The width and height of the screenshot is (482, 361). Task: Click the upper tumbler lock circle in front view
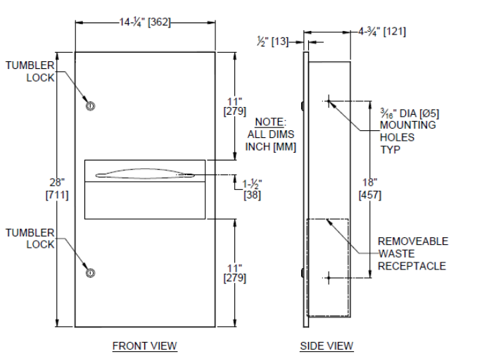pos(90,106)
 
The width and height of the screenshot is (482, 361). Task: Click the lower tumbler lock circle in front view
pos(90,273)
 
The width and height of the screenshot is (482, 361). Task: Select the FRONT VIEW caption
pos(144,346)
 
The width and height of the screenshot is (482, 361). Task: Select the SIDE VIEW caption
pos(326,346)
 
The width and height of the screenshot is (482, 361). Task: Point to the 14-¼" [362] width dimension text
pos(145,23)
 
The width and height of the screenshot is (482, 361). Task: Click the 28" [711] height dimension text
pos(57,189)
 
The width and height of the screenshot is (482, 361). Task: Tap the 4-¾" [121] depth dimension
pos(382,32)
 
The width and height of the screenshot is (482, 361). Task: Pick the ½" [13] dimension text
pos(273,42)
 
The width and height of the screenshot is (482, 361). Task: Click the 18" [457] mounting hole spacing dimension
pos(370,189)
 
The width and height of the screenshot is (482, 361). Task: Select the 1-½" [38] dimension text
pos(252,189)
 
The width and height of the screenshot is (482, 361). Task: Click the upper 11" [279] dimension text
pos(235,106)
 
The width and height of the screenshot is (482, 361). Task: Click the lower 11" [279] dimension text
pos(235,273)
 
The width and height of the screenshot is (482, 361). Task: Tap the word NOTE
pos(269,122)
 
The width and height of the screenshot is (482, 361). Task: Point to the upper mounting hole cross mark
pos(329,101)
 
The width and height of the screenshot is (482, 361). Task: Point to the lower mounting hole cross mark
pos(329,278)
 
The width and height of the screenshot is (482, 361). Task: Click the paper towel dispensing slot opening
pos(145,174)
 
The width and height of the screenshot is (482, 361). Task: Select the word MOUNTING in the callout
pos(408,125)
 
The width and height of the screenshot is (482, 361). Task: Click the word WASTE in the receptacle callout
pos(396,253)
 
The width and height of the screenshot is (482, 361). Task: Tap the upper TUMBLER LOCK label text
pos(30,71)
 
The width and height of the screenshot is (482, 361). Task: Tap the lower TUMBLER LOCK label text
pos(30,239)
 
